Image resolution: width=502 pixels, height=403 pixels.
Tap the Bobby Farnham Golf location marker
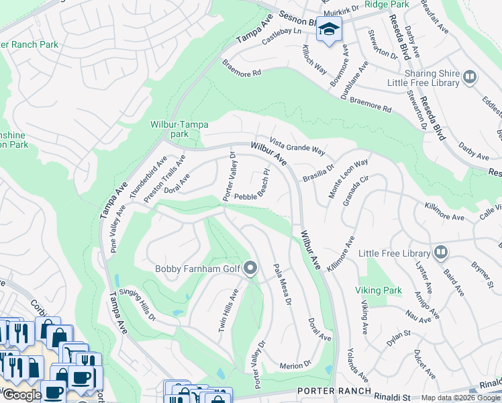pyautogui.click(x=251, y=269)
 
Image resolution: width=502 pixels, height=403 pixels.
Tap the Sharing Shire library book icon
pyautogui.click(x=470, y=77)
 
